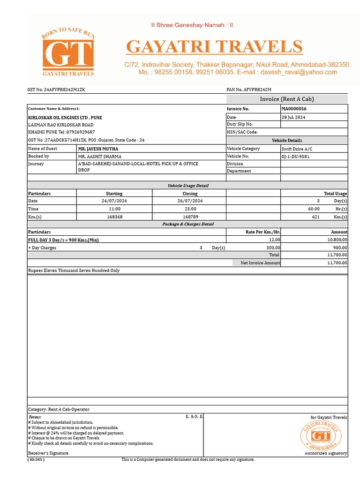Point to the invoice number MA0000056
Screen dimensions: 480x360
pos(294,109)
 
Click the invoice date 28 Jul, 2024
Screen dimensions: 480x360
pos(293,117)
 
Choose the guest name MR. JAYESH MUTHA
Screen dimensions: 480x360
pos(98,149)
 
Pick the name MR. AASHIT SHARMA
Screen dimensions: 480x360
pos(99,156)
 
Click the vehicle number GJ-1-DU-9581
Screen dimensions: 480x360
pos(295,156)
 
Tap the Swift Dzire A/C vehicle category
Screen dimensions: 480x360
pos(297,149)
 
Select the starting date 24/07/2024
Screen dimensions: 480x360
pos(114,201)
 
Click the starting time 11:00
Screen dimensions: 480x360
pos(114,209)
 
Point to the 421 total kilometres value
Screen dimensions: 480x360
pos(315,217)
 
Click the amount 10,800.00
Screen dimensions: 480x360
pos(337,240)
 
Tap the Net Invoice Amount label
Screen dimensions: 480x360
pos(260,263)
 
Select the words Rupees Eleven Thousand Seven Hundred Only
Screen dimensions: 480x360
pos(74,270)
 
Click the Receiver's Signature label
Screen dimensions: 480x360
pos(48,453)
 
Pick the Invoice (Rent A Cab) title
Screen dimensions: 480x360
pos(287,99)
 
